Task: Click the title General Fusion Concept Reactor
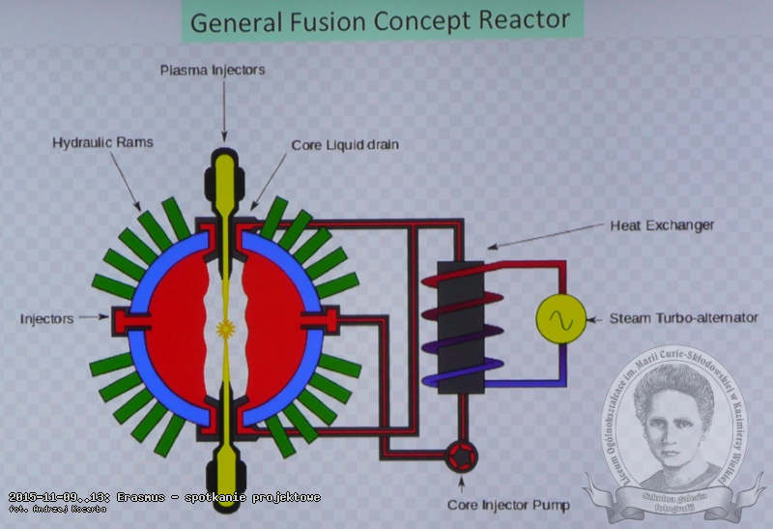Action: pyautogui.click(x=380, y=21)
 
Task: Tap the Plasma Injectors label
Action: pyautogui.click(x=225, y=70)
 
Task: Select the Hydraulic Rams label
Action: pyautogui.click(x=102, y=142)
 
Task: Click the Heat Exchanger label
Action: pyautogui.click(x=662, y=225)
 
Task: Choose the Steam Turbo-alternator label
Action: pyautogui.click(x=683, y=317)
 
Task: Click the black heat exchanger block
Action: pyautogui.click(x=459, y=326)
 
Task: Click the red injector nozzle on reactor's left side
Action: pyautogui.click(x=128, y=317)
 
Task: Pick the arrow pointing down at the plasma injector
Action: pyautogui.click(x=225, y=111)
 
